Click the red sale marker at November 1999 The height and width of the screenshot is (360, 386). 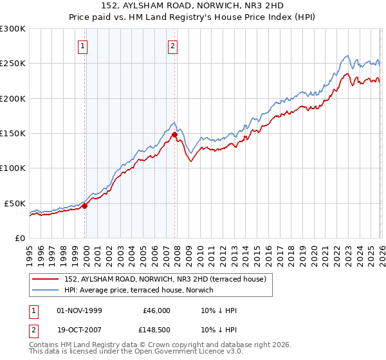tap(84, 206)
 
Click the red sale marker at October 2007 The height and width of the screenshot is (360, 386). tap(174, 134)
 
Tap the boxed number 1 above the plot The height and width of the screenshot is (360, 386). tap(84, 46)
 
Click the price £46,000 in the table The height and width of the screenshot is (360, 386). tap(156, 310)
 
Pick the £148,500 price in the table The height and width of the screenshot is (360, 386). tap(154, 329)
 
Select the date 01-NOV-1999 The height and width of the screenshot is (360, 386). tap(80, 310)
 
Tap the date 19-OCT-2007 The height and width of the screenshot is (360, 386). tap(80, 329)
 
